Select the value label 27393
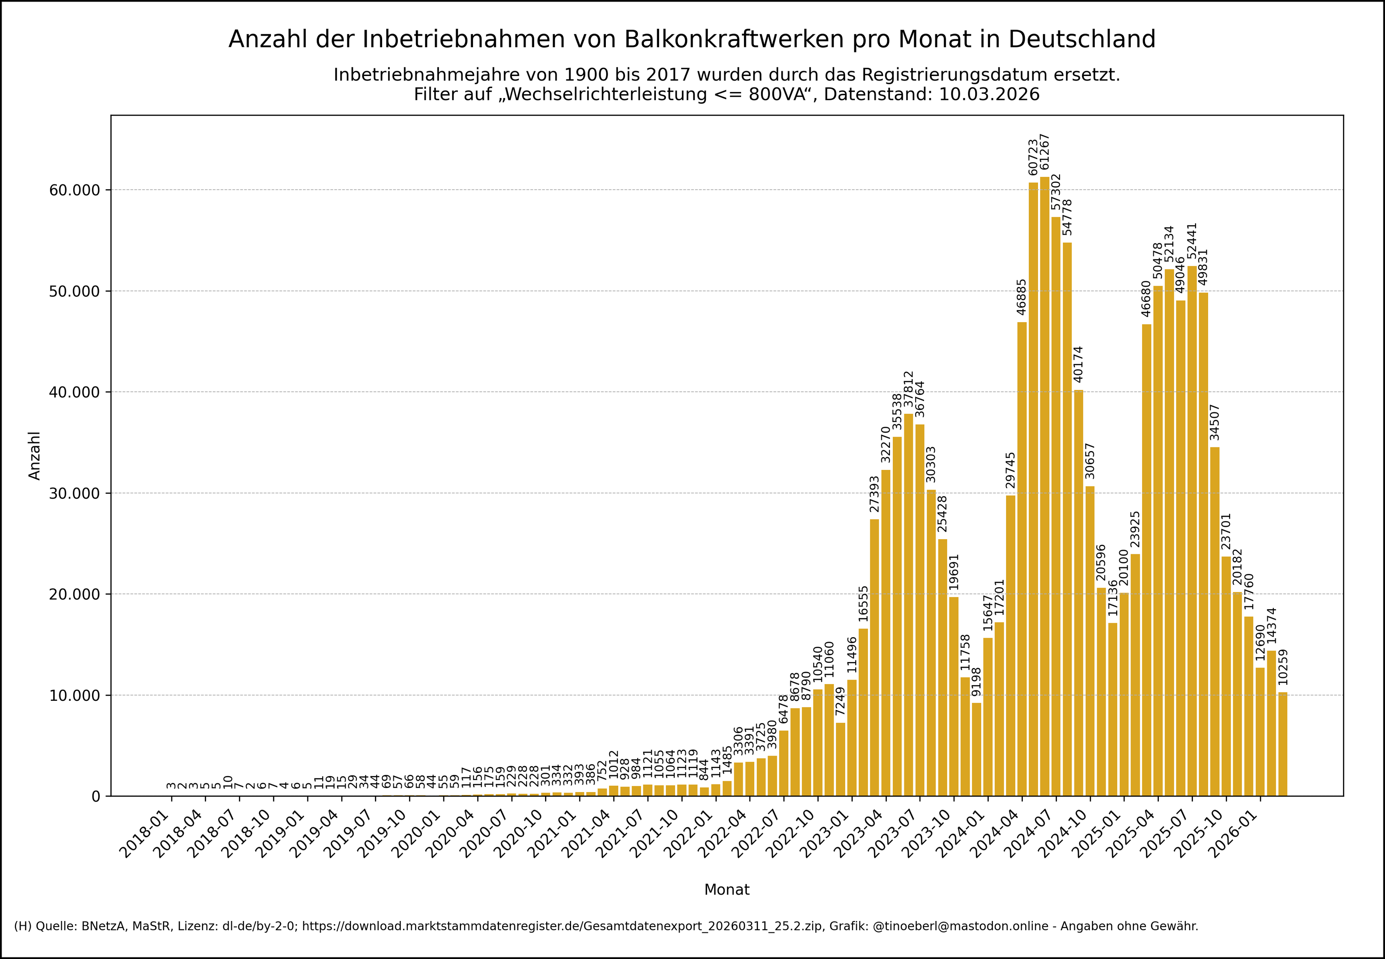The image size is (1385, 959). point(874,494)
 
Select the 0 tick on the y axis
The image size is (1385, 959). point(96,797)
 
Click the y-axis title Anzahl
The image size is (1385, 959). point(35,455)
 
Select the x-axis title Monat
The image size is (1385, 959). point(727,890)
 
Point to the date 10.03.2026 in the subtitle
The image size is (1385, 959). point(989,94)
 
